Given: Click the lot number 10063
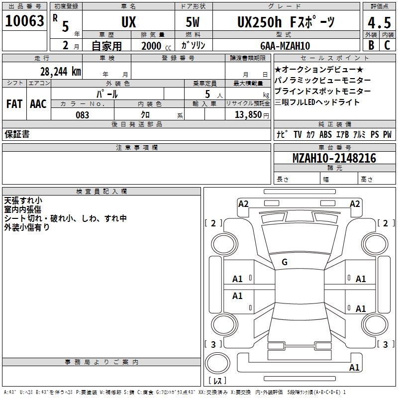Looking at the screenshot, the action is pos(24,21).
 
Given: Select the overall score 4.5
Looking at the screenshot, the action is pos(379,22).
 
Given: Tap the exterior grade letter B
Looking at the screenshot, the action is pos(371,45).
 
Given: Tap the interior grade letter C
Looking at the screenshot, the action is pos(387,45).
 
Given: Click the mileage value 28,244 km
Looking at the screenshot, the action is pos(61,72).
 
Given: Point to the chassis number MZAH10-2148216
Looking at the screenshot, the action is pos(334,158).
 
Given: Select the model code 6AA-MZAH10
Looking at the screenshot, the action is pos(285,46).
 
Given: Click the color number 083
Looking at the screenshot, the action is pos(83,115).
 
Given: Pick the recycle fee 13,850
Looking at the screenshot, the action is pos(248,115).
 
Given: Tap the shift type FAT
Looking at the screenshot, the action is pos(14,104).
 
